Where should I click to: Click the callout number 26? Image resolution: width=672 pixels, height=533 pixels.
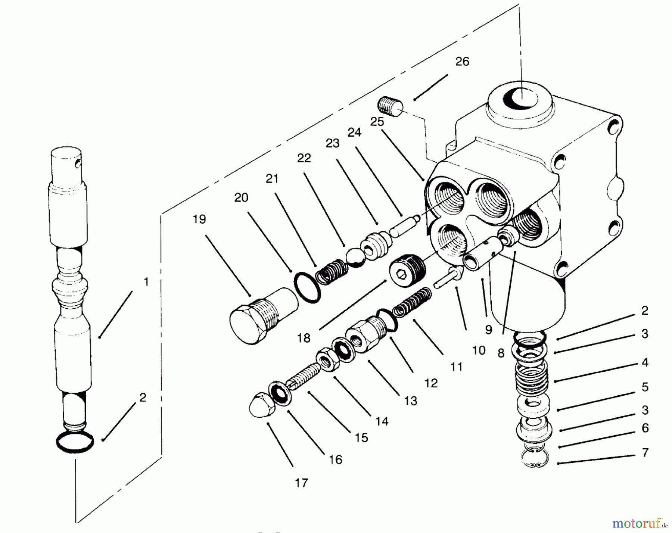click(x=462, y=62)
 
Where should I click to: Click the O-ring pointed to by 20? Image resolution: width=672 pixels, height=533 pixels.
click(x=307, y=287)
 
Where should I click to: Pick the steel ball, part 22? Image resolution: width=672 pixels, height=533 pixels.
click(x=356, y=258)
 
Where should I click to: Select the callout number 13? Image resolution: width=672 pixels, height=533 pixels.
click(x=411, y=401)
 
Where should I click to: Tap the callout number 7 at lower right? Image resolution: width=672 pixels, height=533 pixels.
click(x=645, y=452)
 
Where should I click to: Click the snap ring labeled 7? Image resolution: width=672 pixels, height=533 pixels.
click(x=535, y=459)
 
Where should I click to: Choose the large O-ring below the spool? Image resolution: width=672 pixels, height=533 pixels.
click(x=75, y=442)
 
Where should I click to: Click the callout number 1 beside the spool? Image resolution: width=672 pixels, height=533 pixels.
click(x=146, y=282)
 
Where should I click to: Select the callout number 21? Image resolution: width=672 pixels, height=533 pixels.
click(x=272, y=179)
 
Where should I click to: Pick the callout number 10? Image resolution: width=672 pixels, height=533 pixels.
click(x=479, y=350)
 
